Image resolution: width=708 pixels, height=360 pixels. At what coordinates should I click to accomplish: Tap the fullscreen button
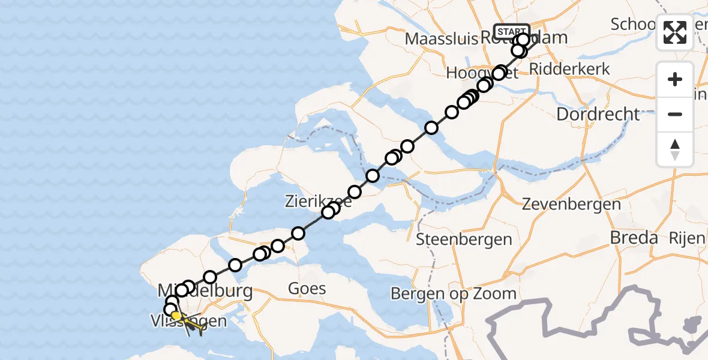click(675, 32)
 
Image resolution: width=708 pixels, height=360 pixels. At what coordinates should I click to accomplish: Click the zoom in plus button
click(675, 79)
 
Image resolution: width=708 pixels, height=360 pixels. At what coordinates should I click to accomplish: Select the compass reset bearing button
click(675, 149)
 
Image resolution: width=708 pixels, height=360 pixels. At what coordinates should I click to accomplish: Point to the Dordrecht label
click(598, 113)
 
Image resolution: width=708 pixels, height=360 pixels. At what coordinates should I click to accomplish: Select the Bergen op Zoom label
click(453, 293)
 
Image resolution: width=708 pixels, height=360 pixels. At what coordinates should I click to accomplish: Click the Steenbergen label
click(464, 240)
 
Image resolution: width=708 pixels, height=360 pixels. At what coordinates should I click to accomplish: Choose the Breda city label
click(634, 238)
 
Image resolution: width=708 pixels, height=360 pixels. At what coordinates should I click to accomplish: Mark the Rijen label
click(689, 238)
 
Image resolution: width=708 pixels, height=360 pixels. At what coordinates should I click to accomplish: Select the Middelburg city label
click(204, 292)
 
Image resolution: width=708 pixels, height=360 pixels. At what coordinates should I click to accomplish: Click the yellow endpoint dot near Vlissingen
click(176, 316)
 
